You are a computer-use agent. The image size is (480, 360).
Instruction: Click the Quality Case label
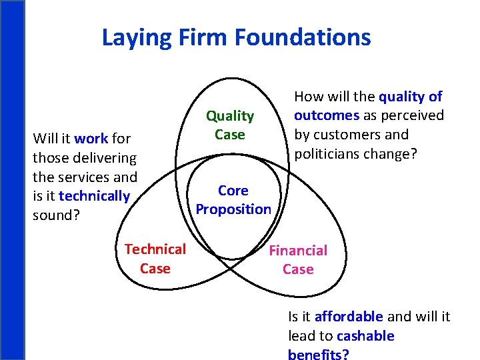(x=229, y=125)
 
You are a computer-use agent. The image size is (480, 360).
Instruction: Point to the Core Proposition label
(x=233, y=200)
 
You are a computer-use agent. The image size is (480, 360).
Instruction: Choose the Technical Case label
(x=155, y=259)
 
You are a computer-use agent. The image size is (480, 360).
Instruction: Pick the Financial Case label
(x=298, y=260)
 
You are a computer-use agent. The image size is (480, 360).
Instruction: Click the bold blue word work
(x=91, y=139)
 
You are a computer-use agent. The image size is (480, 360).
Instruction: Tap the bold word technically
(x=94, y=196)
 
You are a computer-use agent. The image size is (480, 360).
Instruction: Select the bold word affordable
(x=349, y=316)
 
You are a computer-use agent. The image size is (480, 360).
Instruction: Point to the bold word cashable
(x=366, y=335)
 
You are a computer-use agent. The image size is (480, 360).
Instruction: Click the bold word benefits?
(x=318, y=354)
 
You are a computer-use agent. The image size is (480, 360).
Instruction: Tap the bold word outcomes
(x=327, y=115)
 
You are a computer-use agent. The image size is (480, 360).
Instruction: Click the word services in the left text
(x=85, y=177)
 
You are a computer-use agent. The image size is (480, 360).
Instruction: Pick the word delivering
(x=103, y=158)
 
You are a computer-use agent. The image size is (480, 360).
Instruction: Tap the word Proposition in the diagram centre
(x=233, y=209)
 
